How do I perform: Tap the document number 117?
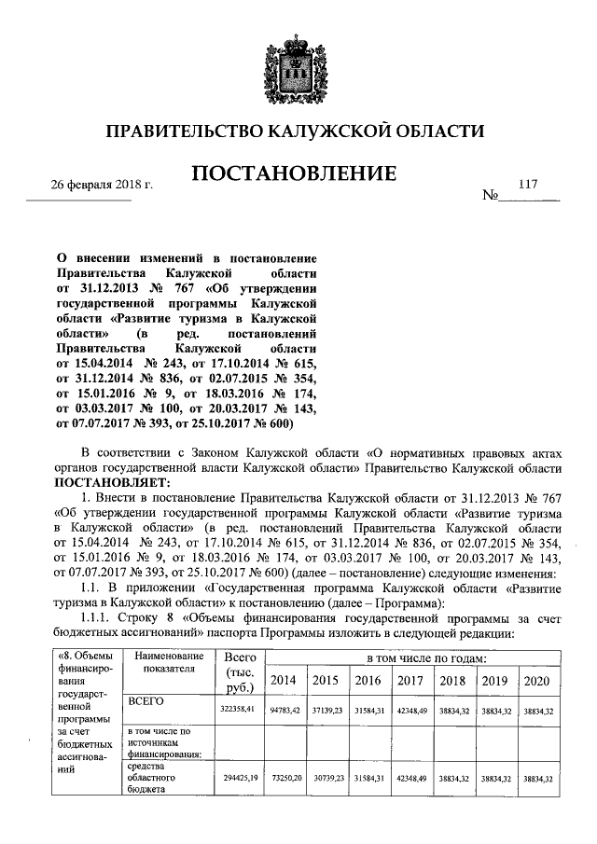point(529,185)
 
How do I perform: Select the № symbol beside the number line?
point(490,197)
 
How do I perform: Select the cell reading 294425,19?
point(235,778)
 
